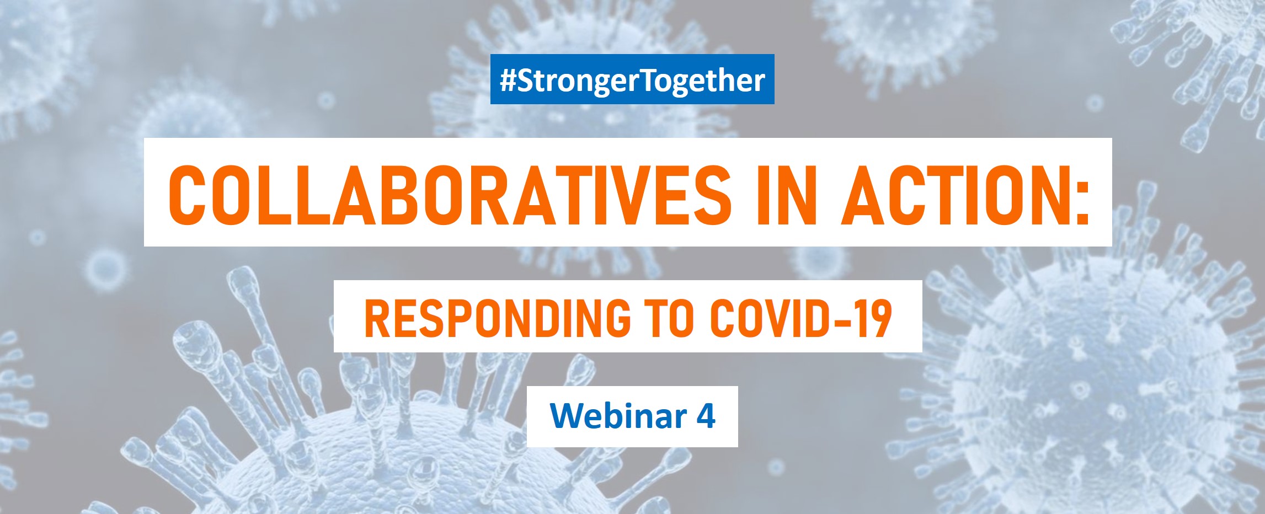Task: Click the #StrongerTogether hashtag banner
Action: click(x=632, y=79)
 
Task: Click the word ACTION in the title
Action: click(x=952, y=192)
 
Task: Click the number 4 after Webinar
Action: click(x=706, y=416)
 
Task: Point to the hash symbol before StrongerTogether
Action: click(x=508, y=81)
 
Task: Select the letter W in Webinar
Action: click(x=567, y=416)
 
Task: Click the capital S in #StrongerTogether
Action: click(x=527, y=81)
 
